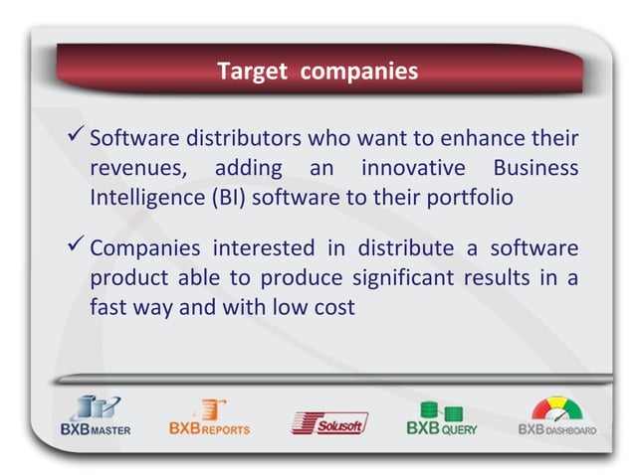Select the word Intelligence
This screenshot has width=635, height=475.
pos(145,197)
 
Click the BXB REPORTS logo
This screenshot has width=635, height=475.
pos(209,416)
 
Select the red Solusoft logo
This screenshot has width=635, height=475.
pos(328,422)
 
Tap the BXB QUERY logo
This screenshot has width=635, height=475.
pos(442,417)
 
